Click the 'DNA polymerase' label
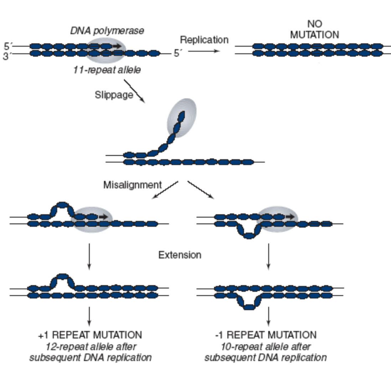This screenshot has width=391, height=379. (107, 31)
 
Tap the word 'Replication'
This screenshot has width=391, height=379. (204, 40)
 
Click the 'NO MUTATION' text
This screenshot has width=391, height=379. (314, 30)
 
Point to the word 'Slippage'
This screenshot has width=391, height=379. (114, 95)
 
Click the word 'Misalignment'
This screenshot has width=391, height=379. (133, 185)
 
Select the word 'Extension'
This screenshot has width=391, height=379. (180, 255)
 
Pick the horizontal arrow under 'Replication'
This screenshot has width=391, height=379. (204, 51)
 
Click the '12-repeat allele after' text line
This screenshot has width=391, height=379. (91, 346)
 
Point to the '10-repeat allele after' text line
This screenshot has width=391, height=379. (266, 346)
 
